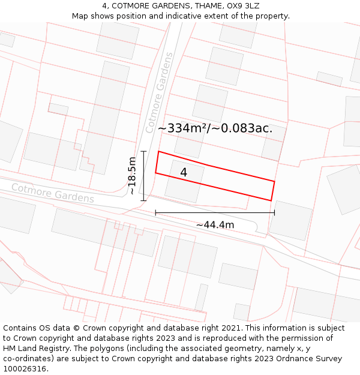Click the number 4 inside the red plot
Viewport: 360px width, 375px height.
click(x=184, y=172)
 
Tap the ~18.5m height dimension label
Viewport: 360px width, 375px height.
click(x=132, y=176)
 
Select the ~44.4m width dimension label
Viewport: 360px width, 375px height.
click(x=215, y=225)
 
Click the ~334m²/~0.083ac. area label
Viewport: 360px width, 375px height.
click(x=215, y=128)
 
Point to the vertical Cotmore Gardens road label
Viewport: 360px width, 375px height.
click(x=159, y=92)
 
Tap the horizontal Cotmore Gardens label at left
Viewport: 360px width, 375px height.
click(x=53, y=193)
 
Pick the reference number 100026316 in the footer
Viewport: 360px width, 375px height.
click(x=25, y=368)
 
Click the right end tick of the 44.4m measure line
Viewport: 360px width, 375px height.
click(x=274, y=212)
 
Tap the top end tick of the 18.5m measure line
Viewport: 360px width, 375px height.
click(x=144, y=151)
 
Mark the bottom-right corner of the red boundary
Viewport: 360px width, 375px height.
click(x=271, y=201)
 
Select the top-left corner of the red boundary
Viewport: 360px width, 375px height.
click(x=158, y=152)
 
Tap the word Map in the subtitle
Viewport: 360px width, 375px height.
click(x=80, y=16)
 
